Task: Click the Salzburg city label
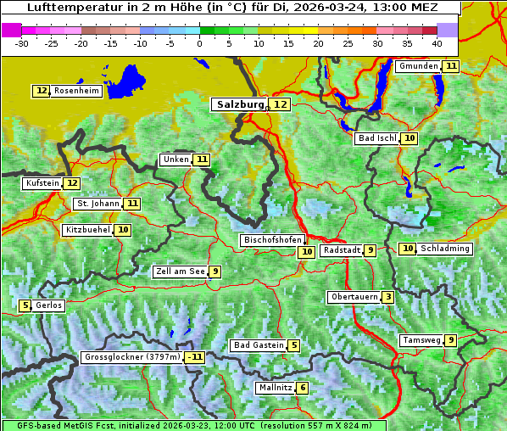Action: tap(240, 104)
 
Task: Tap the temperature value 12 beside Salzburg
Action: tap(281, 104)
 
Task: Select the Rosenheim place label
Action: tap(76, 91)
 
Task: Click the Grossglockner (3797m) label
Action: tap(132, 357)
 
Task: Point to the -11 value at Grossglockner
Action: tap(196, 357)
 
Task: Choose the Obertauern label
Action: tap(354, 297)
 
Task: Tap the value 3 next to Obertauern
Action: tap(387, 297)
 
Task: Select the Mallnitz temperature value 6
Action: tap(303, 388)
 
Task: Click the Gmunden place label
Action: tap(419, 66)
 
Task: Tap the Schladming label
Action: tap(445, 249)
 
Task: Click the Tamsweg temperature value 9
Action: tap(451, 340)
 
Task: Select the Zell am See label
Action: tap(180, 271)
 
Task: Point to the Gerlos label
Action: tap(49, 305)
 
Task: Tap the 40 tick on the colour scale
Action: tap(437, 42)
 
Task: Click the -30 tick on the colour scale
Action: tap(22, 42)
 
